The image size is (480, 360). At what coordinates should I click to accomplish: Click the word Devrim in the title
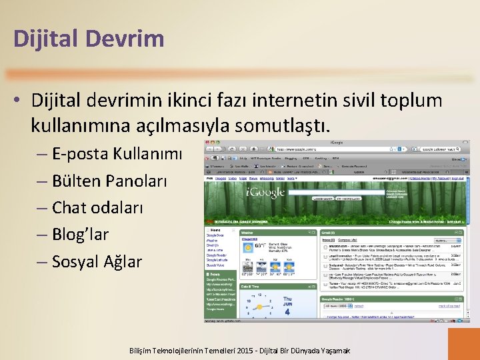tap(129, 38)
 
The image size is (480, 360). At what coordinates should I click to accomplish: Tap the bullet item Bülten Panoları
tap(110, 181)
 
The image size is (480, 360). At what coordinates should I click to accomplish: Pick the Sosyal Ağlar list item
tap(97, 261)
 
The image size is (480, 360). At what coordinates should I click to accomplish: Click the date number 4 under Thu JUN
tap(287, 311)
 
